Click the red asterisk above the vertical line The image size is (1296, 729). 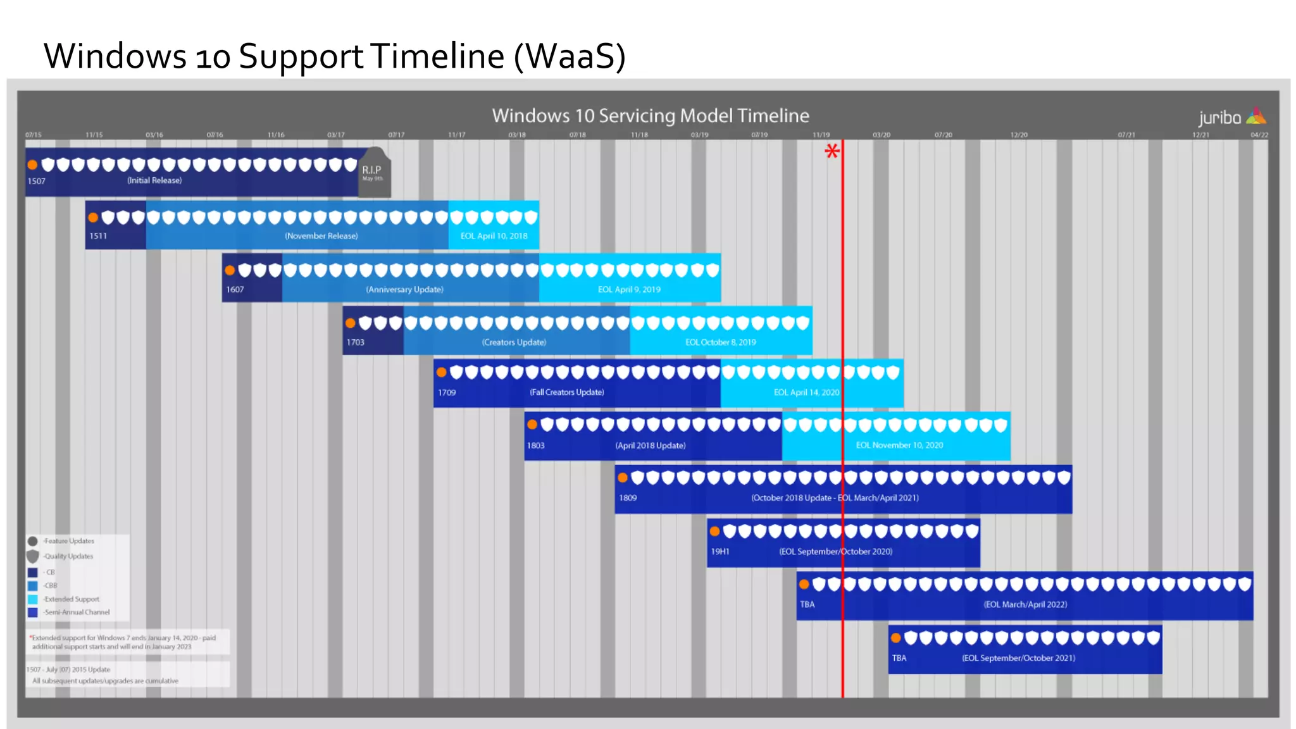click(x=832, y=151)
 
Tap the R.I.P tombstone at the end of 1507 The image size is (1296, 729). click(x=374, y=172)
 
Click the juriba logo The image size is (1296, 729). click(x=1231, y=117)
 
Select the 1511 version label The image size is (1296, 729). click(x=98, y=236)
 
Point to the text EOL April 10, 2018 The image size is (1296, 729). click(x=494, y=236)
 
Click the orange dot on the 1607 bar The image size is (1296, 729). click(x=230, y=271)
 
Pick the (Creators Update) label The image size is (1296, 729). click(x=514, y=342)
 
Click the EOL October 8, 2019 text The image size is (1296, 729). click(x=721, y=342)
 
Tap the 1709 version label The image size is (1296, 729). click(x=447, y=392)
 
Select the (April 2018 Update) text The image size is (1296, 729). click(x=651, y=445)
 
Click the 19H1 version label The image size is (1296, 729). click(x=720, y=552)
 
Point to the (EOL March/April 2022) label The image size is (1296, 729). click(x=1025, y=604)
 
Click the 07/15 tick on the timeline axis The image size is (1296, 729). click(x=34, y=135)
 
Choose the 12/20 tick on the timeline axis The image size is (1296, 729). click(x=1019, y=135)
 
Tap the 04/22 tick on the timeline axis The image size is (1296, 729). click(x=1259, y=135)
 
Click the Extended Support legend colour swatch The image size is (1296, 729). click(x=33, y=599)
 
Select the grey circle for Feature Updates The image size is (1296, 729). click(x=33, y=541)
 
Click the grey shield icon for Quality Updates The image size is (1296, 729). click(x=33, y=556)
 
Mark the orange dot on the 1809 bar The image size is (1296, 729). click(x=623, y=478)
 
